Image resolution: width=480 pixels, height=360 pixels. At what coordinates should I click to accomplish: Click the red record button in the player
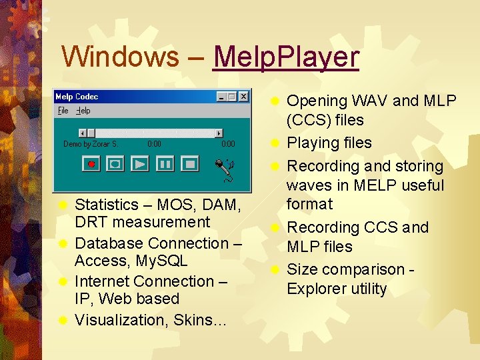tap(91, 163)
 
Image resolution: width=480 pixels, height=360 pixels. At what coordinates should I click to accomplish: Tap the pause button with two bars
tap(165, 163)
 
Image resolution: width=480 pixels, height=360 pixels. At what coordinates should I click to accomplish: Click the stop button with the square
tap(190, 163)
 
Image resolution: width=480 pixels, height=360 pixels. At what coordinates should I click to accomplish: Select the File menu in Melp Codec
tap(63, 111)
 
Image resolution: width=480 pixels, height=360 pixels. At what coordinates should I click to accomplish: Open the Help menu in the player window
tap(83, 111)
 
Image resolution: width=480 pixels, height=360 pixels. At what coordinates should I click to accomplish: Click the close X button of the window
tap(243, 97)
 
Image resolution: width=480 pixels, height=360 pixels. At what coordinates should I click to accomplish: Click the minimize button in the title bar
tap(222, 97)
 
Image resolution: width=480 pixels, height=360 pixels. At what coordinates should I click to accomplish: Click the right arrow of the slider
tap(219, 133)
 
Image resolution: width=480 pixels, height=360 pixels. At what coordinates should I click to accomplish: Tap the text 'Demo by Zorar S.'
tap(90, 143)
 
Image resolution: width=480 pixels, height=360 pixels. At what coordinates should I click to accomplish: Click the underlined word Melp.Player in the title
tap(285, 57)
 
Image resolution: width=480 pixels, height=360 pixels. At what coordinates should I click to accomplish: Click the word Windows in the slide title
tap(120, 57)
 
